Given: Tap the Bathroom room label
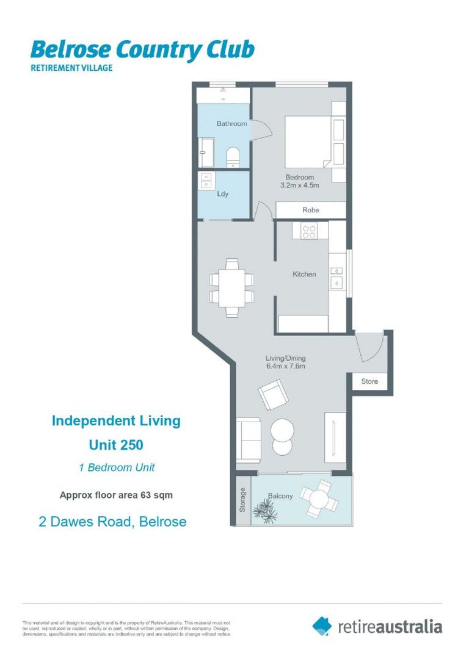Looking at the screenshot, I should [231, 124].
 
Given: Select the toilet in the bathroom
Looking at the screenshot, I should [233, 157].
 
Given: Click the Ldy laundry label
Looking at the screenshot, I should [223, 195].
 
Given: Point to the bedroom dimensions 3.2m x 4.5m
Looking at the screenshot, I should [296, 185].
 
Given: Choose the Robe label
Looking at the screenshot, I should [310, 210].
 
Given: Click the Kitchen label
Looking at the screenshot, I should [304, 275].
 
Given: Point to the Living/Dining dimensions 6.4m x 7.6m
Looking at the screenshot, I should [285, 367].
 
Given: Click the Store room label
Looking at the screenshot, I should [370, 381].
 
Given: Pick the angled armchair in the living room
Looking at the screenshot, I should [272, 394].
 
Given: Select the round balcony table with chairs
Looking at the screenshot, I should [319, 497].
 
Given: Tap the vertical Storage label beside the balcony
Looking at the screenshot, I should [242, 499].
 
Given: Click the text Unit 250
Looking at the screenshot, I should [116, 445].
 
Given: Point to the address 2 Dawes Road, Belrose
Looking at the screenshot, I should [109, 522].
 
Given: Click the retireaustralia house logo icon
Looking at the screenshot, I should [322, 625].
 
